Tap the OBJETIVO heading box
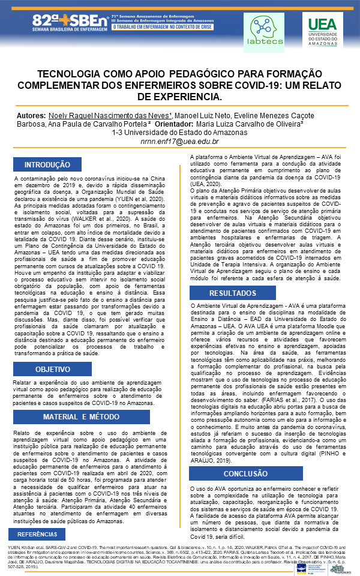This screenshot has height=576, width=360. pyautogui.click(x=53, y=369)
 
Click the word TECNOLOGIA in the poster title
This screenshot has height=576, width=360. pyautogui.click(x=79, y=74)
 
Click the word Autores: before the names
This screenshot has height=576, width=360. pyautogui.click(x=65, y=115)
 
